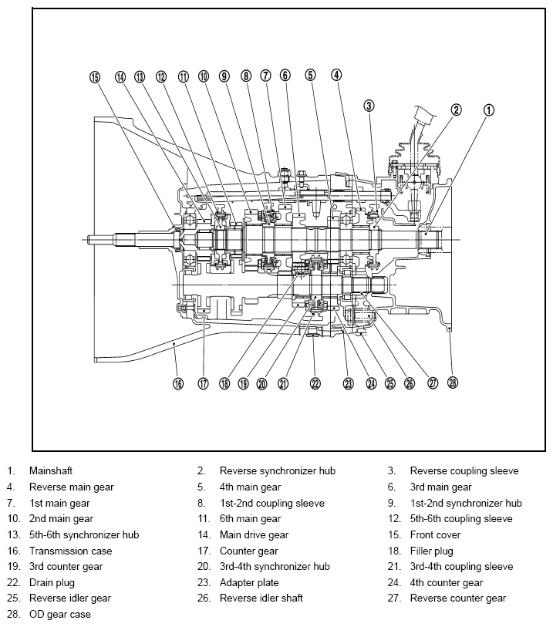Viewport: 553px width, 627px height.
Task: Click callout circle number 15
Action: click(95, 77)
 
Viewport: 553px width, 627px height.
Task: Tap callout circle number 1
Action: click(489, 110)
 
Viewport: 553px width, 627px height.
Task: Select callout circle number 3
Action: click(369, 106)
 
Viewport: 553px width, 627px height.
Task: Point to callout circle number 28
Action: click(452, 383)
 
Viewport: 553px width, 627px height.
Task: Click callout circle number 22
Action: click(315, 383)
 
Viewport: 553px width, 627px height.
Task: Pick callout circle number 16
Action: click(178, 383)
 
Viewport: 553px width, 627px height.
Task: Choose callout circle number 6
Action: click(285, 75)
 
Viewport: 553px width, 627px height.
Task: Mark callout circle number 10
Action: click(204, 76)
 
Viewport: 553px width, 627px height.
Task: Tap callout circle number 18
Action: click(224, 383)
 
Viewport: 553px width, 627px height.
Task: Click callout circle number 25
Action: click(389, 383)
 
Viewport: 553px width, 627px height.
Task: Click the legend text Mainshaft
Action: click(51, 470)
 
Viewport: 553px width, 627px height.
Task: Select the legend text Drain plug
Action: click(52, 582)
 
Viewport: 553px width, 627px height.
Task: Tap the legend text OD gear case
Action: click(60, 614)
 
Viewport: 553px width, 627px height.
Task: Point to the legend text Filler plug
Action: click(431, 551)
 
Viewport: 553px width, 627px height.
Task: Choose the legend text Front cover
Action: click(435, 534)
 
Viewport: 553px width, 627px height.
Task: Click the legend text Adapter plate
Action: click(249, 582)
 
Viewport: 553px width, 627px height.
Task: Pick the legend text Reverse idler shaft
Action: click(261, 598)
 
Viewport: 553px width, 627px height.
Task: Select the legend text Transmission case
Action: click(70, 551)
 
